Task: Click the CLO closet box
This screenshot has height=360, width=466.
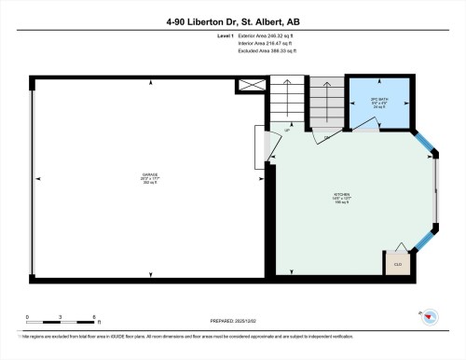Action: click(396, 263)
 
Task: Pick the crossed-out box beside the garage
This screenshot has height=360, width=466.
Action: click(253, 85)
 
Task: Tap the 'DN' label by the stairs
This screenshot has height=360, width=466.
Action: click(327, 139)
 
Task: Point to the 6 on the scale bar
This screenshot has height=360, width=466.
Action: click(97, 318)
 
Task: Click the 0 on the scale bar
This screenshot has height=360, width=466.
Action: click(28, 318)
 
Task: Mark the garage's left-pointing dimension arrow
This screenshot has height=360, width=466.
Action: click(37, 176)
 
